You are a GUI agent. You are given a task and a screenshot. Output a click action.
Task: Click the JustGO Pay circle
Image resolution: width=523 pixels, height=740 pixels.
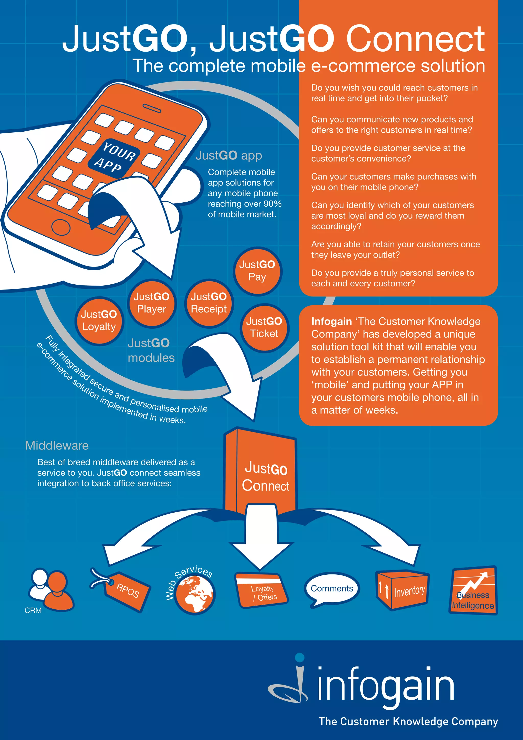pyautogui.click(x=257, y=271)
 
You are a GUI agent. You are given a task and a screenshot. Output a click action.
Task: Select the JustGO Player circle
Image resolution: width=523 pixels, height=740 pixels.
pyautogui.click(x=151, y=303)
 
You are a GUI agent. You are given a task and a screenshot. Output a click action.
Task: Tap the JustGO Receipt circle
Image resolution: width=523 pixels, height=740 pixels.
pyautogui.click(x=209, y=303)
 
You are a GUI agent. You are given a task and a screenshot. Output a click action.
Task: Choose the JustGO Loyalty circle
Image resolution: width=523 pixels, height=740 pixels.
pyautogui.click(x=99, y=320)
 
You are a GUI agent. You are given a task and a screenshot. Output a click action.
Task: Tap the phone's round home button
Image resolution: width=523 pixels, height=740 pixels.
pyautogui.click(x=61, y=227)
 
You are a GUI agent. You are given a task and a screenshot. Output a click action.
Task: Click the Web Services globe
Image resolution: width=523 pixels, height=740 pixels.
pyautogui.click(x=195, y=594)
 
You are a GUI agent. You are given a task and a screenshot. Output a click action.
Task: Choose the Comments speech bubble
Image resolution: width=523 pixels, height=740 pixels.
pyautogui.click(x=332, y=588)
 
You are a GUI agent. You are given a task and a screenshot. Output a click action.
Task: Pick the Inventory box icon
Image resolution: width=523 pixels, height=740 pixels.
pyautogui.click(x=402, y=591)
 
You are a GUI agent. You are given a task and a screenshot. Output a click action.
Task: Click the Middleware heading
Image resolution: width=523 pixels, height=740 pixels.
pyautogui.click(x=57, y=445)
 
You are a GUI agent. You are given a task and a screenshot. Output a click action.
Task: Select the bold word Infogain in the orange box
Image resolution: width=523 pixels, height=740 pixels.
pyautogui.click(x=331, y=321)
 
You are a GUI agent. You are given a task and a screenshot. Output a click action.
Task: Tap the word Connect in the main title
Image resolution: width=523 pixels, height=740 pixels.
pyautogui.click(x=415, y=39)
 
